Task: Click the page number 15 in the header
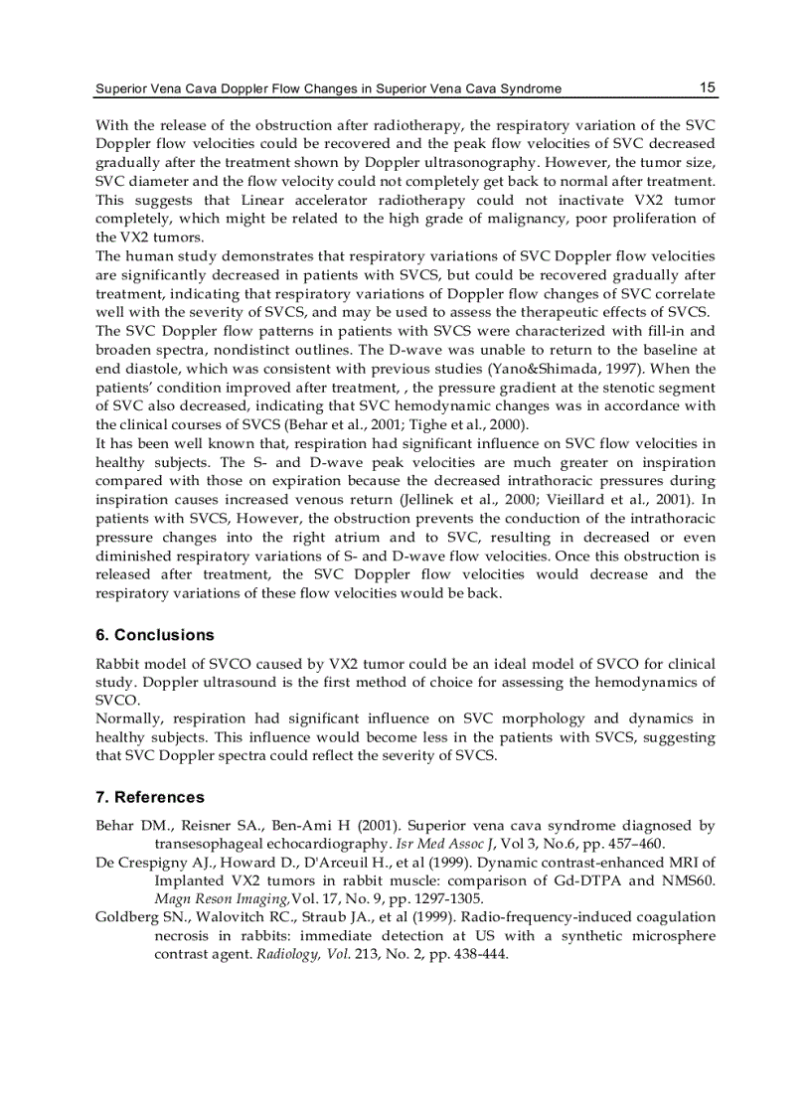click(x=707, y=87)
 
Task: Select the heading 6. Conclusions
click(x=154, y=635)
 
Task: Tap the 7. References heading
click(x=150, y=797)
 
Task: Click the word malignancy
click(x=544, y=219)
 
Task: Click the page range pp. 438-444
click(x=467, y=954)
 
